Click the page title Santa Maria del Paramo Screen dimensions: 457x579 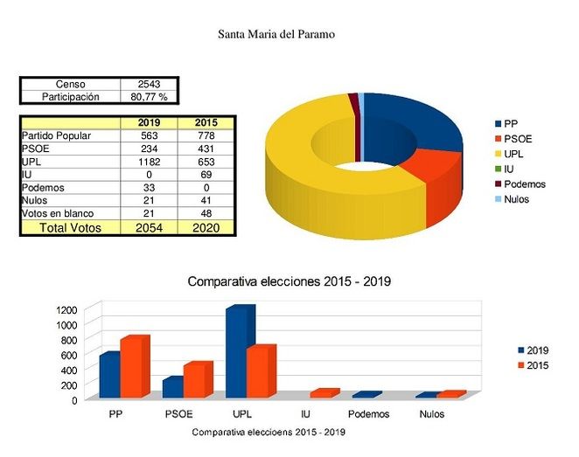click(276, 35)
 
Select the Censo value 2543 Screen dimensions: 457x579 click(149, 84)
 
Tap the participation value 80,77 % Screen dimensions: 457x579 click(149, 97)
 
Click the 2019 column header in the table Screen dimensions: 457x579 click(149, 123)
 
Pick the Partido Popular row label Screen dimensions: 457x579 click(56, 135)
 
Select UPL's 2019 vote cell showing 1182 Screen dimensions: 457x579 click(149, 162)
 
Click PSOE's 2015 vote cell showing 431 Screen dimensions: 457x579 click(206, 149)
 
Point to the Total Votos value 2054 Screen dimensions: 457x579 click(149, 227)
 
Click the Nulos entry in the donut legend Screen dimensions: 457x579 click(516, 199)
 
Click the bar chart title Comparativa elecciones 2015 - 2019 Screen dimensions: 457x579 click(289, 282)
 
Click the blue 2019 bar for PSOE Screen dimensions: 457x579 click(173, 387)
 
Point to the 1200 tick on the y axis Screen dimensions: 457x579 click(67, 310)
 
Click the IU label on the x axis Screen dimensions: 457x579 click(304, 414)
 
